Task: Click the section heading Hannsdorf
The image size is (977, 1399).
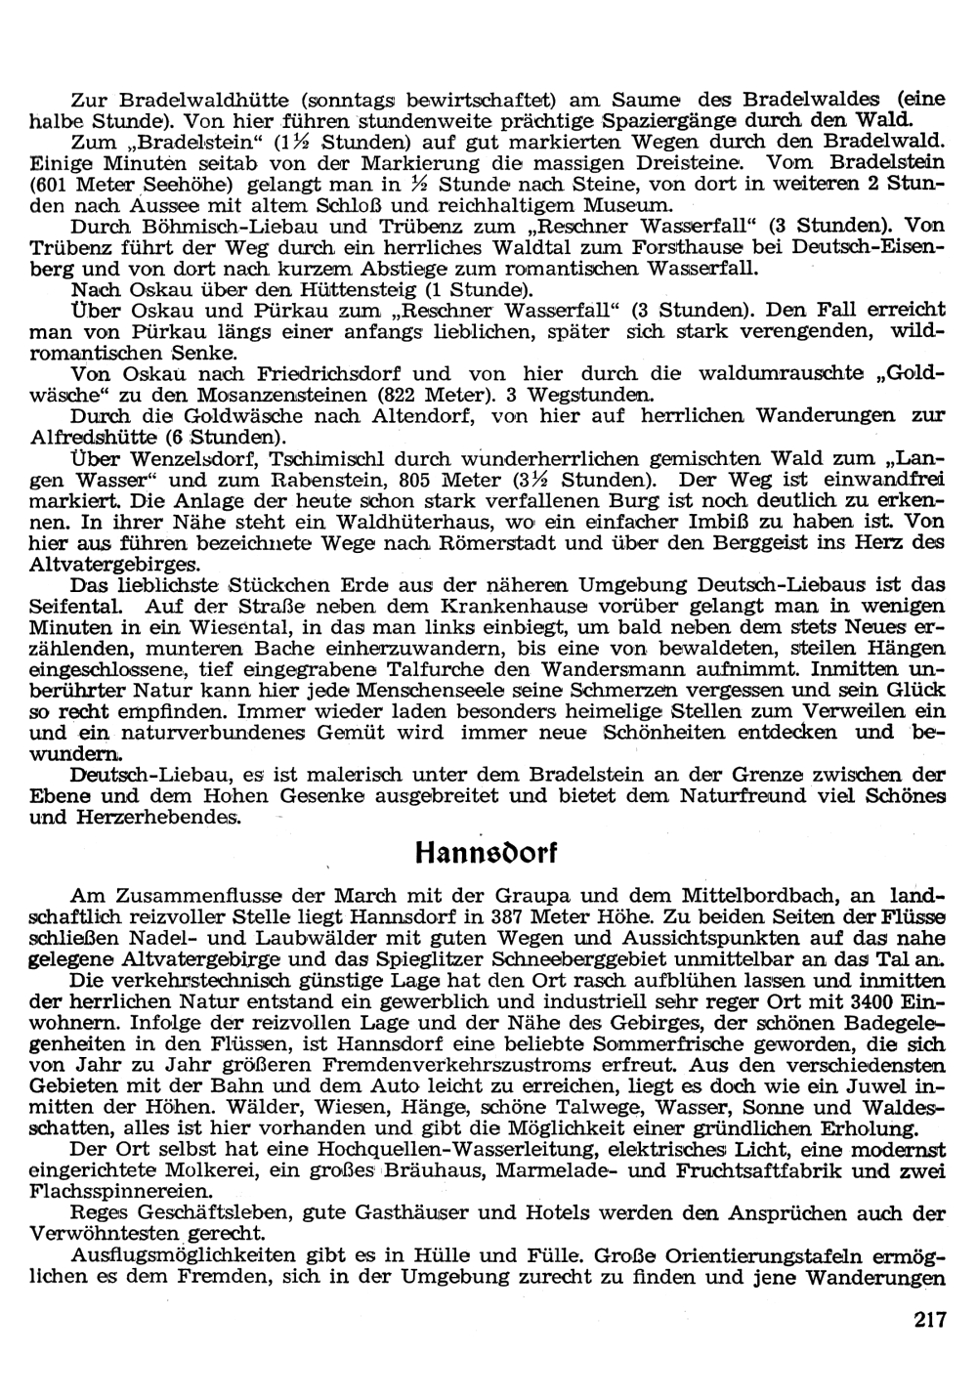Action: coord(484,851)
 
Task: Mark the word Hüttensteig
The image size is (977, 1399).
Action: coord(361,290)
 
